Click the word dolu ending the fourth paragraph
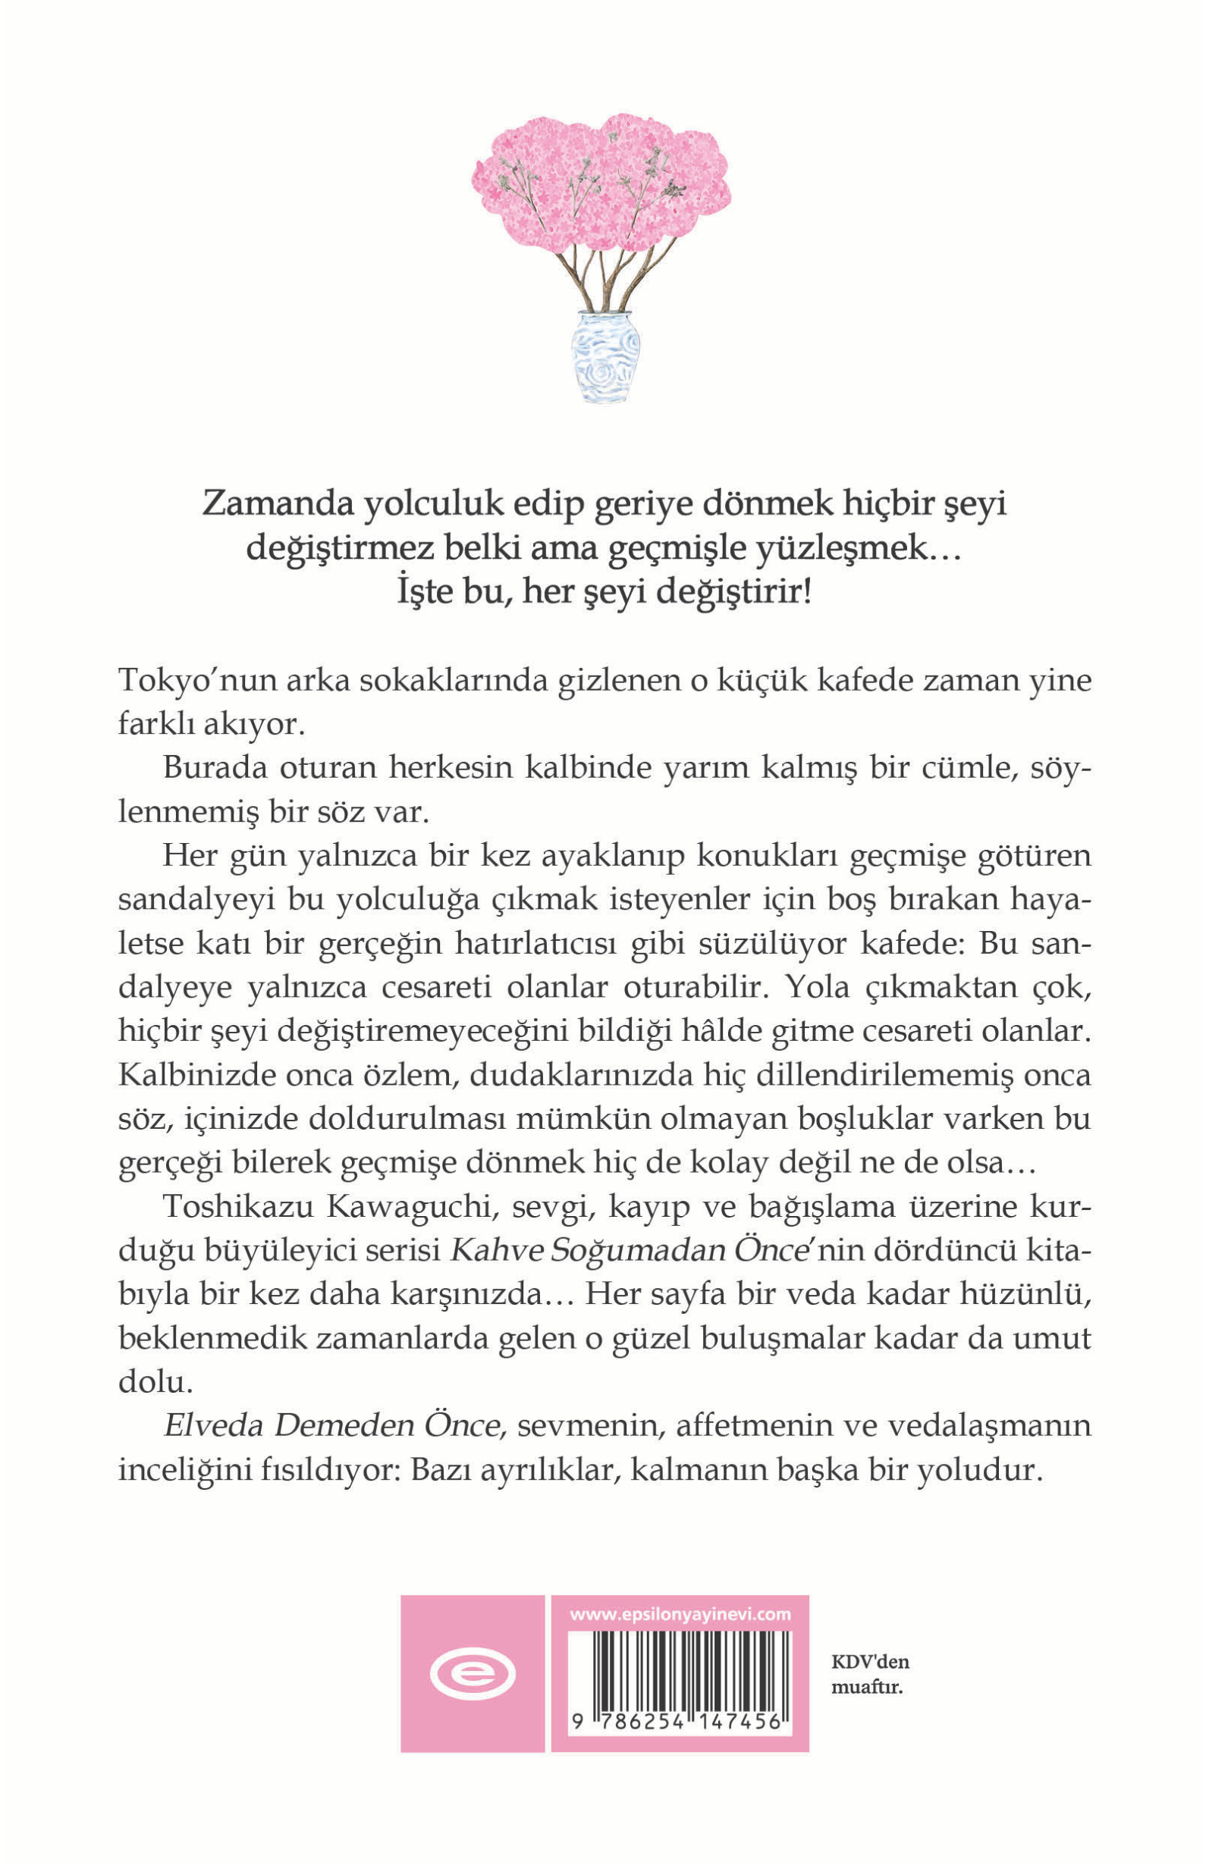click(x=155, y=1382)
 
